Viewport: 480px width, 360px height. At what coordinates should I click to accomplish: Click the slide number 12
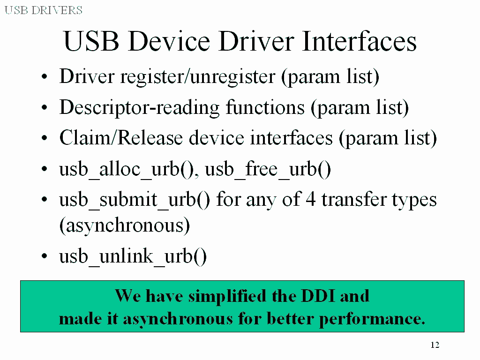pyautogui.click(x=435, y=345)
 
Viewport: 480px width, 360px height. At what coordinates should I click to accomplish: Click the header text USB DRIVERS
pyautogui.click(x=44, y=10)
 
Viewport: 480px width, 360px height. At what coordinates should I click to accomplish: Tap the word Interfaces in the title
pyautogui.click(x=359, y=41)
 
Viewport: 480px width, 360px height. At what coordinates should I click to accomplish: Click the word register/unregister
pyautogui.click(x=198, y=76)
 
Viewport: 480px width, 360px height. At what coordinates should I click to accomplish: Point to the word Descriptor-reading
pyautogui.click(x=139, y=108)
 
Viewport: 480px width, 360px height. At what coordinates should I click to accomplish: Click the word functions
pyautogui.click(x=265, y=107)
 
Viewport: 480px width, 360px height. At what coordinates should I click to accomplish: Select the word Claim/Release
pyautogui.click(x=121, y=137)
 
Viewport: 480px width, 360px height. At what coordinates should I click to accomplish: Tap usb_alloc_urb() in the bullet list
pyautogui.click(x=129, y=169)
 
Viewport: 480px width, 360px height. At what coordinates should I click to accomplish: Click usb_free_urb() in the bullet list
pyautogui.click(x=268, y=169)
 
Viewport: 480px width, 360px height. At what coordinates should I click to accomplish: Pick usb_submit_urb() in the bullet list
pyautogui.click(x=135, y=200)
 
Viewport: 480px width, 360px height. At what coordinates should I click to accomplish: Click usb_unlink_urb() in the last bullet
pyautogui.click(x=133, y=256)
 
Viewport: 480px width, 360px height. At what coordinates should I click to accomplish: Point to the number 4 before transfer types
pyautogui.click(x=310, y=199)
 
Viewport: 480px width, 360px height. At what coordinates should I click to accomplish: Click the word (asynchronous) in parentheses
pyautogui.click(x=125, y=225)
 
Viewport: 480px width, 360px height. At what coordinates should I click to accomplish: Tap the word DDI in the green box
pyautogui.click(x=318, y=296)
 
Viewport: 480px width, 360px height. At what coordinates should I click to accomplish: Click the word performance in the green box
pyautogui.click(x=372, y=319)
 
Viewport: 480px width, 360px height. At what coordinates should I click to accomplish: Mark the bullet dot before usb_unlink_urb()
pyautogui.click(x=45, y=256)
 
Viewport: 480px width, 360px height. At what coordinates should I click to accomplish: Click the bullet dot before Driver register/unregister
pyautogui.click(x=45, y=76)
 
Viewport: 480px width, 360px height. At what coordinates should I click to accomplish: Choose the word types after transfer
pyautogui.click(x=414, y=200)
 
